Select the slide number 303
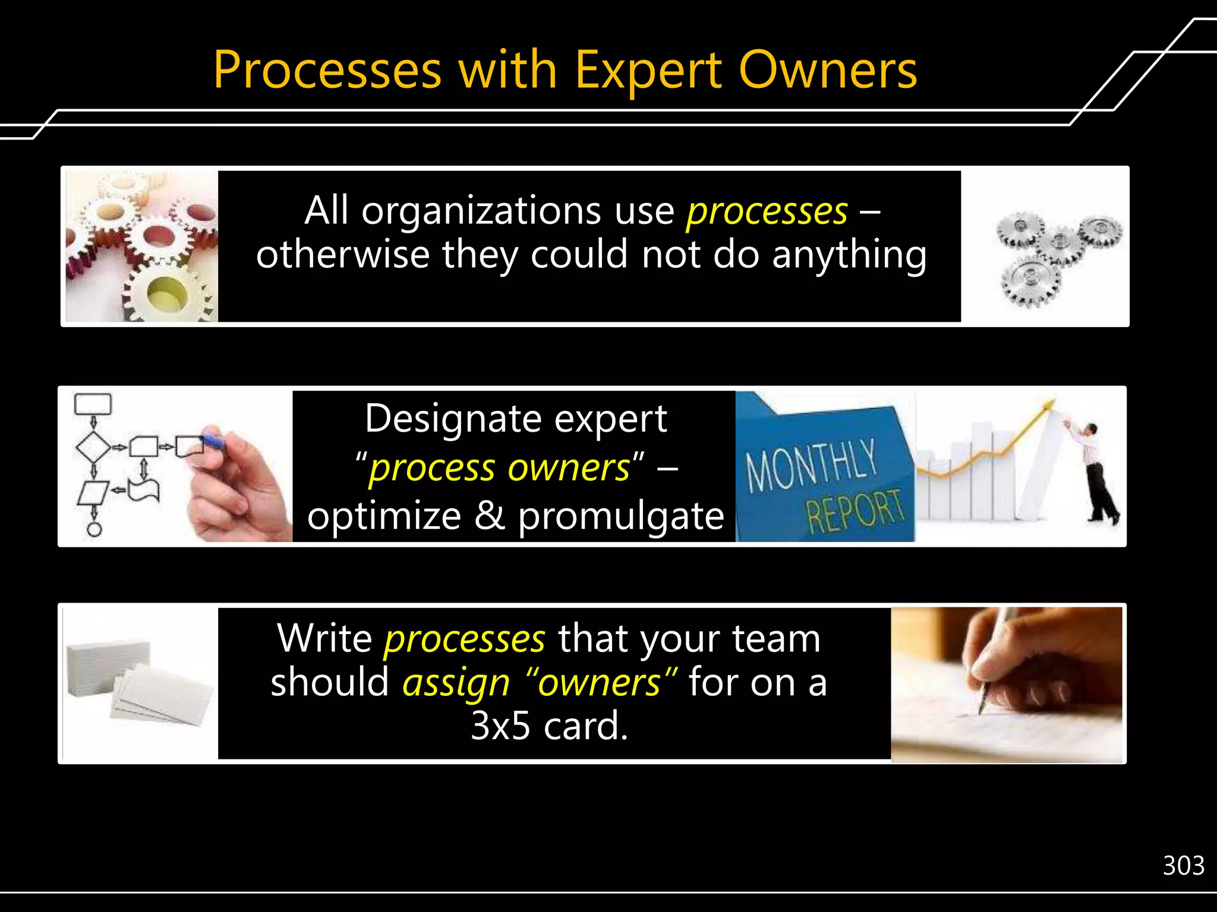tap(1183, 866)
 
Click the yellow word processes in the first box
tap(767, 211)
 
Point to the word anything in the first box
tap(849, 254)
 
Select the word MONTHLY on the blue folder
tap(811, 465)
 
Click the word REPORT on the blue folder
tap(855, 509)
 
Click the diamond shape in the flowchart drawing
tap(93, 446)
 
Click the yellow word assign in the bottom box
tap(456, 683)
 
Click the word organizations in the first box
tap(481, 211)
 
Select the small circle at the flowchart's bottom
tap(94, 528)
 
